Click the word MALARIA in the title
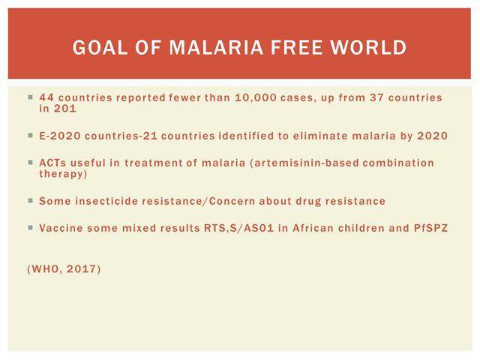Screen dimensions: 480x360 click(216, 47)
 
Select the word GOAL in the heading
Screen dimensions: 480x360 click(100, 47)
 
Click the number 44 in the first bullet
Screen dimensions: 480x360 click(46, 97)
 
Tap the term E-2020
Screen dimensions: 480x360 click(60, 136)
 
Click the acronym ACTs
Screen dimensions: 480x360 click(52, 163)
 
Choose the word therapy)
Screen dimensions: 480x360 click(63, 174)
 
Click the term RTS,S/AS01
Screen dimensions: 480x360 click(238, 228)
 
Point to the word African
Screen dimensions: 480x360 click(313, 228)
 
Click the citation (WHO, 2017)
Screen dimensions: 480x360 click(64, 269)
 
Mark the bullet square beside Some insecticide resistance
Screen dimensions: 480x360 click(30, 201)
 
